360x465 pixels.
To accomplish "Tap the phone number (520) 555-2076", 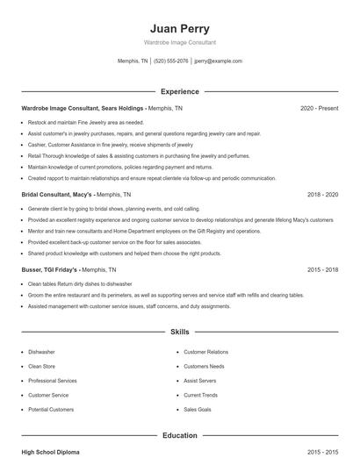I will click(170, 61).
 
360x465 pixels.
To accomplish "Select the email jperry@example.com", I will click(218, 61).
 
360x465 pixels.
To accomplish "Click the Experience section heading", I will click(179, 91).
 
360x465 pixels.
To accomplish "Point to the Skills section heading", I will click(179, 333).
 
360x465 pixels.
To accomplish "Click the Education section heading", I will click(179, 435).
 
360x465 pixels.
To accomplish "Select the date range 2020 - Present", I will click(319, 108).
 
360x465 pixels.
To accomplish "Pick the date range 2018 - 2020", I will click(322, 194).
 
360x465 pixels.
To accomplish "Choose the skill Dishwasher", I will click(41, 352).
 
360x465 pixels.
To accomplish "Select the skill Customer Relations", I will click(205, 352).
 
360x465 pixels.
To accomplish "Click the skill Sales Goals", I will click(197, 410).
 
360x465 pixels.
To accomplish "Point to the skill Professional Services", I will click(53, 381).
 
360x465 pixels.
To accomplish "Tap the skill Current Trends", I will click(200, 396).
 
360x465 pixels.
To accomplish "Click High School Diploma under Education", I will click(50, 452).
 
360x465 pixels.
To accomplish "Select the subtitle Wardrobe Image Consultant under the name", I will click(179, 42).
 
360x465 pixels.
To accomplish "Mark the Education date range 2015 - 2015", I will click(322, 452).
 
